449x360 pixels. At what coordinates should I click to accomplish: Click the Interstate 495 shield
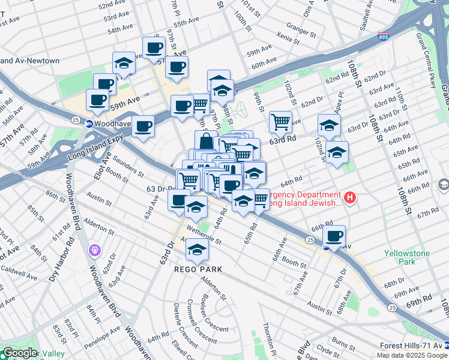click(383, 37)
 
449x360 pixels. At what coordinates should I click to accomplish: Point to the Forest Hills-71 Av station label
click(414, 346)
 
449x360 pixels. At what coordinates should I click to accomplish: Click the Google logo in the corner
click(19, 353)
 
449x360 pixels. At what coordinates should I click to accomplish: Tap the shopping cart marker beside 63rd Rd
click(280, 122)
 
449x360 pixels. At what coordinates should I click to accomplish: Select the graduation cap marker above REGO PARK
click(196, 250)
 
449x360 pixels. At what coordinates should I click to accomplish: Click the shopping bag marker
click(206, 142)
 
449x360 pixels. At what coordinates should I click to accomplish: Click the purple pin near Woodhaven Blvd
click(94, 250)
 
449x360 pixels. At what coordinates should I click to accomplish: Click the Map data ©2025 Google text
click(412, 355)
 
